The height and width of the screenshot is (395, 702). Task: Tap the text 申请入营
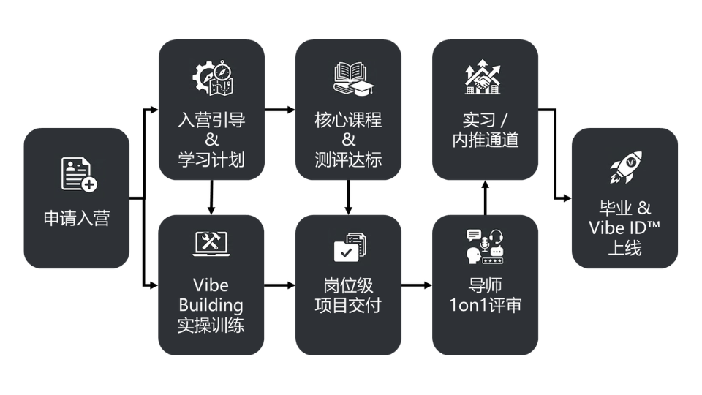pyautogui.click(x=77, y=218)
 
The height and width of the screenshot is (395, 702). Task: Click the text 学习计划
pyautogui.click(x=211, y=158)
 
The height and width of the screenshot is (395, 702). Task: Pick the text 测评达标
pyautogui.click(x=349, y=158)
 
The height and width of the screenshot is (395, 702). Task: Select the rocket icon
pyautogui.click(x=625, y=168)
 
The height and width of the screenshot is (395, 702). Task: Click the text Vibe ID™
pyautogui.click(x=624, y=227)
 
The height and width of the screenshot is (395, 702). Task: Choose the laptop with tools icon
pyautogui.click(x=211, y=244)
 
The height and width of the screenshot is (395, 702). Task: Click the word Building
pyautogui.click(x=211, y=304)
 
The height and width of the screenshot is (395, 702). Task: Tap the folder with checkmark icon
pyautogui.click(x=349, y=247)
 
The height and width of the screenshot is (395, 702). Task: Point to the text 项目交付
pyautogui.click(x=349, y=304)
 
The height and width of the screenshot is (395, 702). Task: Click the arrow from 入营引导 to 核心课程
pyautogui.click(x=280, y=110)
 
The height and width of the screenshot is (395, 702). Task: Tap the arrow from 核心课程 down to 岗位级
pyautogui.click(x=349, y=196)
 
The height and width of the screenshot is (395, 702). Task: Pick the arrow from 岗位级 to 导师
pyautogui.click(x=417, y=285)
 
